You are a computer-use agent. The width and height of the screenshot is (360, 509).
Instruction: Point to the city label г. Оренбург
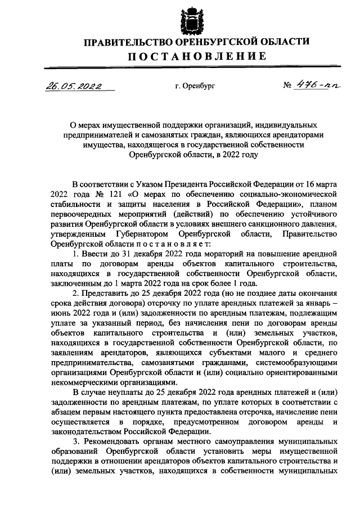[195, 87]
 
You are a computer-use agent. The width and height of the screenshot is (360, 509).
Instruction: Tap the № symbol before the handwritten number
[288, 87]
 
